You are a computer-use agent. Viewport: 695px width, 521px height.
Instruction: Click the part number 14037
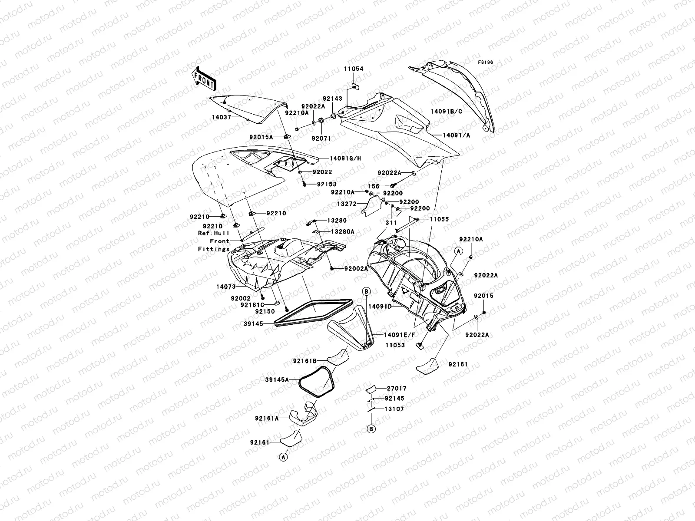coord(222,117)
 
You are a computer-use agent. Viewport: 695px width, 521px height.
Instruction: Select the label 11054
coord(354,69)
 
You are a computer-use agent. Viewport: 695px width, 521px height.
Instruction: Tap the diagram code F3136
coord(486,63)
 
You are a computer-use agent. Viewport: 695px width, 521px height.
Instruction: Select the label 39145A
coord(277,379)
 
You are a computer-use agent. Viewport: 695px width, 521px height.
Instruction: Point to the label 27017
coord(396,389)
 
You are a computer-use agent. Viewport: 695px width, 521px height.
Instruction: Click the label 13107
coord(394,409)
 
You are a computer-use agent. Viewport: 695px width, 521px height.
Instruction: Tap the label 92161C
coord(252,305)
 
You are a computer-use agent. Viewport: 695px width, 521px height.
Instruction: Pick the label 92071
coord(321,138)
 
